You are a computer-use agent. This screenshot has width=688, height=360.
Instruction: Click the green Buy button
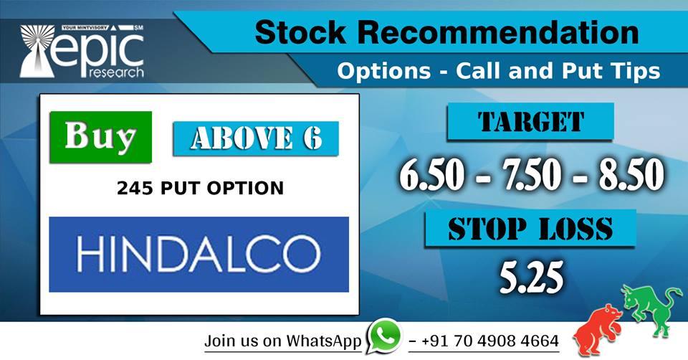(x=100, y=136)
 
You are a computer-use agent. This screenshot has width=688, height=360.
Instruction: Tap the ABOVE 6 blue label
(x=255, y=138)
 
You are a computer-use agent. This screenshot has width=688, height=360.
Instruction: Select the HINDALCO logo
(x=199, y=255)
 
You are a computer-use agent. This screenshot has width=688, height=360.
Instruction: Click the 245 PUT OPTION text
(x=200, y=189)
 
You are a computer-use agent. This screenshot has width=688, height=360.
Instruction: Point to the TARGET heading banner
(x=530, y=121)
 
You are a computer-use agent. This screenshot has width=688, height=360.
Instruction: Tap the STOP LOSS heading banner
(x=530, y=229)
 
